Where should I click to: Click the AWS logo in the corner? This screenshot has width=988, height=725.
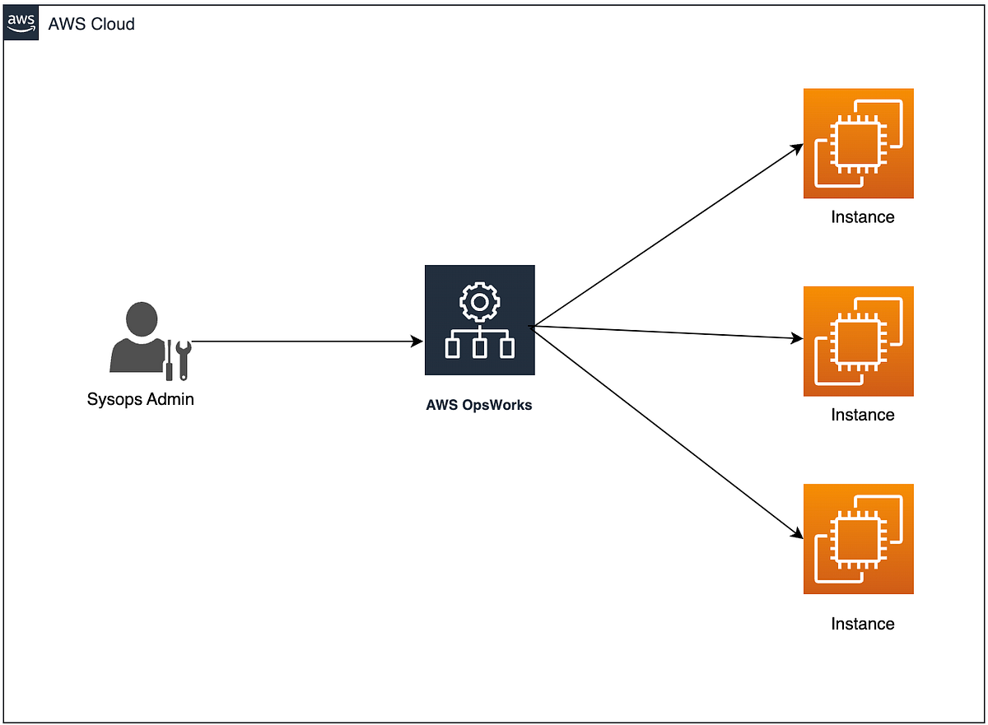pos(21,23)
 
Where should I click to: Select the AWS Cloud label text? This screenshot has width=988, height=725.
pos(91,24)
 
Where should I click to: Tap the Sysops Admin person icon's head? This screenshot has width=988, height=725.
pos(141,319)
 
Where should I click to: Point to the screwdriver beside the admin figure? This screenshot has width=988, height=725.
pos(169,360)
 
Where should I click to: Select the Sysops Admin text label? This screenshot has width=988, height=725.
pos(141,400)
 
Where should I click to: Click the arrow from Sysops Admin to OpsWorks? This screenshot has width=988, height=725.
pos(305,341)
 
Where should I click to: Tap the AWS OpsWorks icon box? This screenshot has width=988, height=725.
pos(479,320)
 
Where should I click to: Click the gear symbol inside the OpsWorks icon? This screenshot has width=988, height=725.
pos(479,302)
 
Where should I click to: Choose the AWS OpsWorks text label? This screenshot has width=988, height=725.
pos(479,405)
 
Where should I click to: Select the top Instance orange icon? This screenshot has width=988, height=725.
pos(858,143)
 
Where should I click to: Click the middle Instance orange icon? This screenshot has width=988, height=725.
pos(858,341)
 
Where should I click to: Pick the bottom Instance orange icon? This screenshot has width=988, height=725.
pos(858,538)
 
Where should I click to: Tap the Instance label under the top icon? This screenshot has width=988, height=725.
pos(862,217)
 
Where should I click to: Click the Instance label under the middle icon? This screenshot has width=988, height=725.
pos(862,415)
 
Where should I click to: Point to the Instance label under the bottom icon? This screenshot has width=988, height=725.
pos(862,624)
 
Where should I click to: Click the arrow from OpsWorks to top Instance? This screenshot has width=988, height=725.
pos(667,236)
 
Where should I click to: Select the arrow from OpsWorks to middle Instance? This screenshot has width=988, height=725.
pos(667,332)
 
